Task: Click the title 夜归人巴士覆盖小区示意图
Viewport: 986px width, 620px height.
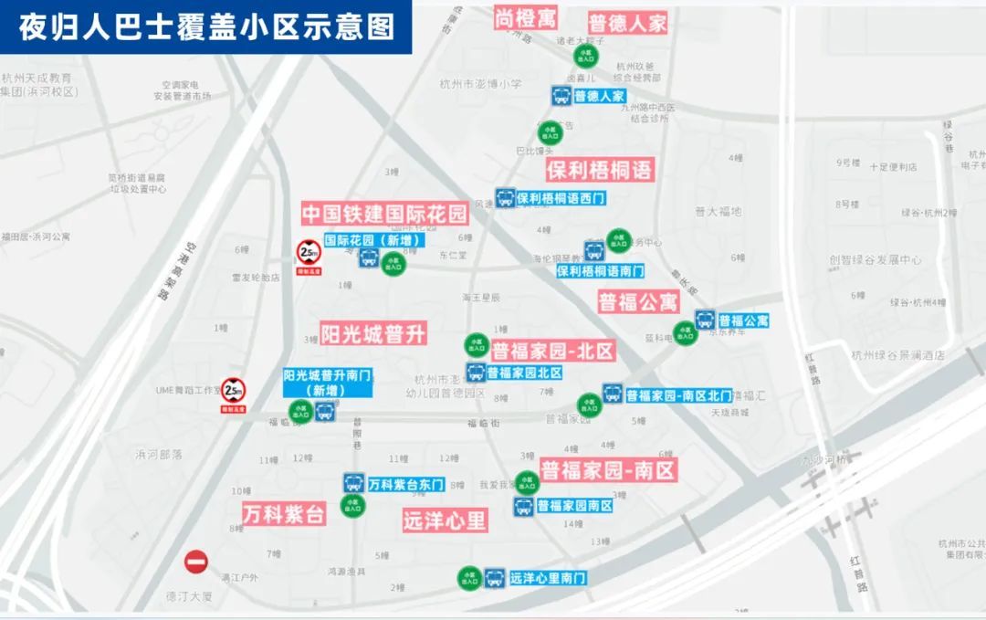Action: coord(206,26)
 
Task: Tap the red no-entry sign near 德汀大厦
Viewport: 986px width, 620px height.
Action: coord(196,562)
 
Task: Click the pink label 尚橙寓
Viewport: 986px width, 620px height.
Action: coord(527,17)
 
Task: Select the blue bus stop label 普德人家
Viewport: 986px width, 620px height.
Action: coord(599,96)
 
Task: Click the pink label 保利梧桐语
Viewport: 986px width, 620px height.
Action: coord(600,170)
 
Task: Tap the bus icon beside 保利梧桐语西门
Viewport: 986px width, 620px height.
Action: coord(505,197)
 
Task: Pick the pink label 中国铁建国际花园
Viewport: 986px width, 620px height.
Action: coord(384,215)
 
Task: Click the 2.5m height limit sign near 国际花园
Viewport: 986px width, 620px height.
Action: coord(309,252)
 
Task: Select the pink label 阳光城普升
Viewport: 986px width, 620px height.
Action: coord(373,333)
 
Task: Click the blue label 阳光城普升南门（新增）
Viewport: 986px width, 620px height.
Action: coord(327,382)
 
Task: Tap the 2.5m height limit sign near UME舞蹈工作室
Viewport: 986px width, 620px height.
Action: coord(234,391)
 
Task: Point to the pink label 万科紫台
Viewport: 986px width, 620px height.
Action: coord(284,513)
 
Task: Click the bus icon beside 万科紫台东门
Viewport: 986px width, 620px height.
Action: coord(354,483)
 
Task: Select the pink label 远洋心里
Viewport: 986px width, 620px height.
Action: coord(445,520)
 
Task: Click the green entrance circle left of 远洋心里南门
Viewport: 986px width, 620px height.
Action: coord(469,578)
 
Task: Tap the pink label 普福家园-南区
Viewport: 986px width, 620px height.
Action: coord(607,470)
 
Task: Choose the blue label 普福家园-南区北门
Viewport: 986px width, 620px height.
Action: coord(678,395)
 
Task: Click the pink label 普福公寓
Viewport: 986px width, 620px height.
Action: coord(638,301)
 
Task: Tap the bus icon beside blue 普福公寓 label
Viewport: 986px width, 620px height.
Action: coord(705,321)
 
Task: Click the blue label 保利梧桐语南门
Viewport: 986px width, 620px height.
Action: coord(600,270)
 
